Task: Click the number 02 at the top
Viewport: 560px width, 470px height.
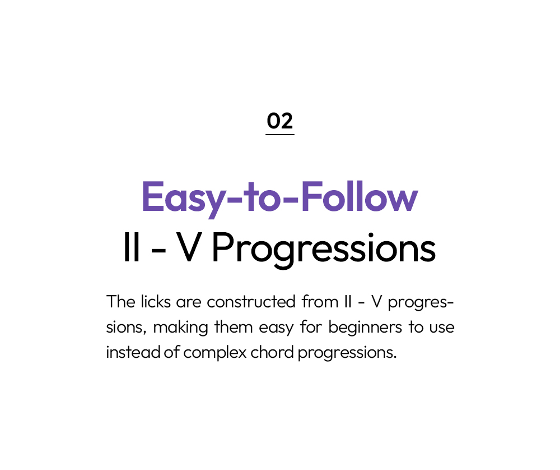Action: pos(279,121)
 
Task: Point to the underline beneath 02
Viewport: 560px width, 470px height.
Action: pos(279,135)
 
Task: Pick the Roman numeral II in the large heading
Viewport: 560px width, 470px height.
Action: pos(131,247)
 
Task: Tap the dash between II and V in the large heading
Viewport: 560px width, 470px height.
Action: pos(158,250)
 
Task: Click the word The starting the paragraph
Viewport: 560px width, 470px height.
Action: pos(121,302)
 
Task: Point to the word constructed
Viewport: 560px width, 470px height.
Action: pos(251,302)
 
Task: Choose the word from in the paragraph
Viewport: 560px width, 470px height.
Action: pos(320,302)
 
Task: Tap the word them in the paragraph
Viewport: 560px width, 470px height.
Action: pos(234,327)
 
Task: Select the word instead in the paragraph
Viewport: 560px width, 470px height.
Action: pos(133,352)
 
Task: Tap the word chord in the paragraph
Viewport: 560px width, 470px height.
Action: pos(273,352)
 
